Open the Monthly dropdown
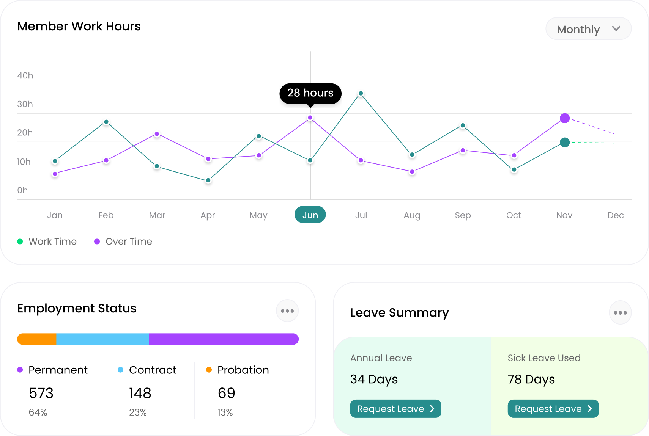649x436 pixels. (588, 29)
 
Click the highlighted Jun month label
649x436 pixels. (310, 215)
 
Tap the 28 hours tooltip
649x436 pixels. (310, 93)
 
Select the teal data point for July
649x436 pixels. (361, 94)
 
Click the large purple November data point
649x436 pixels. (565, 118)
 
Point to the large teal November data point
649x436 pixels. (565, 143)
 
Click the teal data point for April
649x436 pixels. (208, 180)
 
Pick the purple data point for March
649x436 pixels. (157, 134)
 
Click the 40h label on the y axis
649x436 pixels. (25, 75)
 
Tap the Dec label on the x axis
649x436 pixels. (615, 215)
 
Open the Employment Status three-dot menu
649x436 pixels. (287, 311)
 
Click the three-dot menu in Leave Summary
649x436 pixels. (620, 313)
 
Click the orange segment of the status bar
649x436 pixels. (37, 339)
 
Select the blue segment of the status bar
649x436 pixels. (102, 339)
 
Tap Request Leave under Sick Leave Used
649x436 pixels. (553, 409)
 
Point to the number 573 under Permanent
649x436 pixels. (41, 393)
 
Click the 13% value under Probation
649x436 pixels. (225, 412)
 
